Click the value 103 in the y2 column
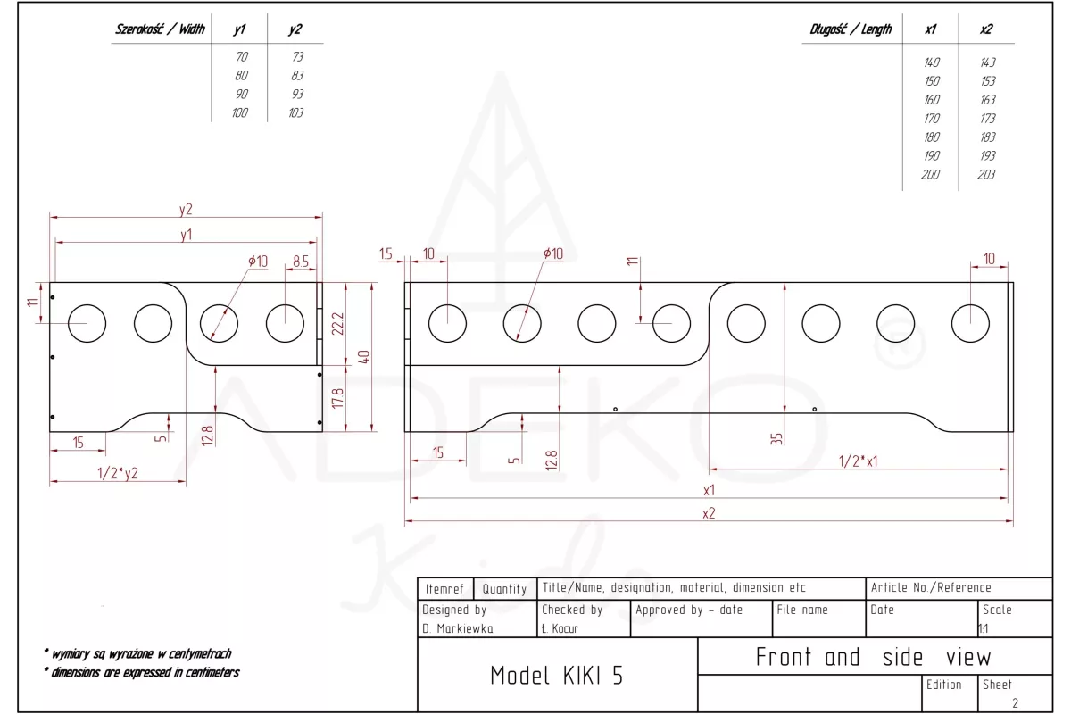coord(295,113)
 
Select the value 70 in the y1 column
coord(241,57)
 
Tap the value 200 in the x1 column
coord(930,175)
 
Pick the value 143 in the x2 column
coord(986,62)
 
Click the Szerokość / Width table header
coord(160,29)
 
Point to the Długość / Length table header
coord(851,29)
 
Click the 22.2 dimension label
coord(336,323)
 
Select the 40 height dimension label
coord(363,356)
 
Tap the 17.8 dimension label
coord(336,398)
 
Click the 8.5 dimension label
coord(301,262)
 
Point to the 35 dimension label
coord(776,438)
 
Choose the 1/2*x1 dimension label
coord(859,461)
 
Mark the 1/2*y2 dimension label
coord(118,473)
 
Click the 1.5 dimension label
coord(386,254)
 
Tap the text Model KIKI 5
coord(557,676)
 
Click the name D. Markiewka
coord(458,628)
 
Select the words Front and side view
coord(873,658)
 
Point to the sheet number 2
coord(1015,703)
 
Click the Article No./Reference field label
coord(931,588)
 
